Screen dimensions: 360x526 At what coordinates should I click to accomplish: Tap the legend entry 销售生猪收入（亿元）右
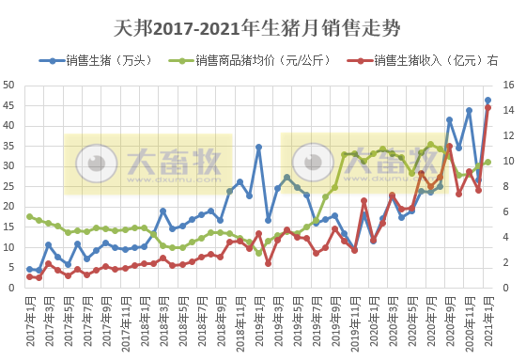click(433, 61)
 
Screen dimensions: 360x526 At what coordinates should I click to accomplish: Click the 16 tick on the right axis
click(509, 85)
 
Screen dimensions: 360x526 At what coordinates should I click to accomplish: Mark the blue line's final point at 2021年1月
click(487, 101)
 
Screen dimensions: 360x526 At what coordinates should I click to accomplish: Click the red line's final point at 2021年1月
click(487, 107)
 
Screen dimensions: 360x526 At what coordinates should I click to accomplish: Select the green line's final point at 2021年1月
click(487, 162)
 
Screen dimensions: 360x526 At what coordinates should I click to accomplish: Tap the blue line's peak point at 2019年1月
click(258, 147)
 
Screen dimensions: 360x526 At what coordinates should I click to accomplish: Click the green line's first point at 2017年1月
click(29, 217)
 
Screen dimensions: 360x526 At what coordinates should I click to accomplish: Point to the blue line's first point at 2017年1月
click(29, 269)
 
